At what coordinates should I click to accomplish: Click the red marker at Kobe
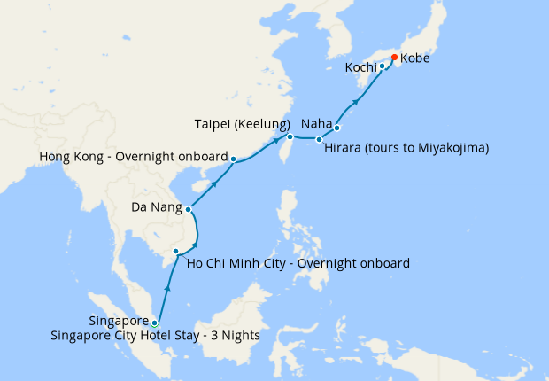pos(394,58)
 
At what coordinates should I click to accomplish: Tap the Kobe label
pos(416,58)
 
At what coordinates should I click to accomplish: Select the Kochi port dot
pos(382,66)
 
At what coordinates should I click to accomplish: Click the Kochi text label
pos(360,68)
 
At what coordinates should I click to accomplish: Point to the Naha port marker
pos(337,128)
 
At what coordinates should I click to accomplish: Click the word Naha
pos(316,124)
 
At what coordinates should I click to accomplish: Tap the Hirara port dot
pos(319,139)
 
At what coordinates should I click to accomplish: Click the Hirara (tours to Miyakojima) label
pos(406,147)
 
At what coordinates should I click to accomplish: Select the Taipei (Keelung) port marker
pos(290,136)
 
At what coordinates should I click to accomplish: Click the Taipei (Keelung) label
pos(243,124)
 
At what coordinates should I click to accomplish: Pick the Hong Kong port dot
pos(233,159)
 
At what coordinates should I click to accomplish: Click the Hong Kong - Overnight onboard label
pos(134,157)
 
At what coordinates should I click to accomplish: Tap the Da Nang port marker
pos(189,210)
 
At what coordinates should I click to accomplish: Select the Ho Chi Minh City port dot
pos(175,252)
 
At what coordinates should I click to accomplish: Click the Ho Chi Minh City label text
pos(298,263)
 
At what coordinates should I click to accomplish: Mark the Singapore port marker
pos(154,323)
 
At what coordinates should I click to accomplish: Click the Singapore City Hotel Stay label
pos(174,335)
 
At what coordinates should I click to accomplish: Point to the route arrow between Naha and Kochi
pos(357,102)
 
